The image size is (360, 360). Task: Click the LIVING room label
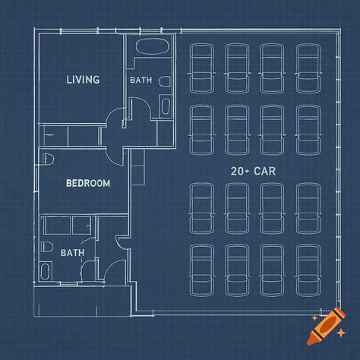[83, 80]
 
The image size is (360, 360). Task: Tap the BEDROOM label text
[88, 183]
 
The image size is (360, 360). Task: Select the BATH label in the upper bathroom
[141, 81]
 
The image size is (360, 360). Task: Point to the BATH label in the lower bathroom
[72, 253]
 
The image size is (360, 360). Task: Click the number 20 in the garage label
[237, 171]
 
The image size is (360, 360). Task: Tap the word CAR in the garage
[264, 171]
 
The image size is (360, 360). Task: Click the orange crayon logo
[326, 326]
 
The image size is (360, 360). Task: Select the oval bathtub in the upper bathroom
[152, 46]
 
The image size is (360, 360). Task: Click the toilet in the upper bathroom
[165, 81]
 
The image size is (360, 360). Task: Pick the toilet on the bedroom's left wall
[49, 159]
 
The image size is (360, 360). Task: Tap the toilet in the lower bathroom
[47, 247]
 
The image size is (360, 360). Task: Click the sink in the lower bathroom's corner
[46, 271]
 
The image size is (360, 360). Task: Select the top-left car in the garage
[202, 68]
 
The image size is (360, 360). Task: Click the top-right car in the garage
[308, 68]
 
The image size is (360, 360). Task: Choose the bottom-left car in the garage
[202, 270]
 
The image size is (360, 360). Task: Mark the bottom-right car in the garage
[308, 270]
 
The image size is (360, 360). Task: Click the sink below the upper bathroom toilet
[166, 106]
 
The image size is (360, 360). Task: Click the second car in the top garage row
[237, 68]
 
